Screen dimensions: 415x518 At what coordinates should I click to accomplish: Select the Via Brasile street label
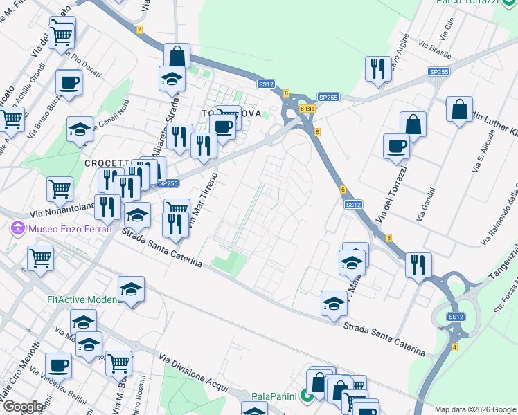click(x=434, y=50)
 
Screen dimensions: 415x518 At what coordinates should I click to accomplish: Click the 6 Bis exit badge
click(x=307, y=109)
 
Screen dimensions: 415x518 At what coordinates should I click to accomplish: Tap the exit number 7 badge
click(x=139, y=30)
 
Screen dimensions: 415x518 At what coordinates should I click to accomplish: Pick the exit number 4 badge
click(x=454, y=346)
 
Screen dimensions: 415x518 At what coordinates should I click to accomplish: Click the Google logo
click(x=23, y=407)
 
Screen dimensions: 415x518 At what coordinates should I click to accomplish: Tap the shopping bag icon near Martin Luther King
click(x=460, y=109)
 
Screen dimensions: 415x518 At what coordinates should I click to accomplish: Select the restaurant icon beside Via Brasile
click(x=378, y=68)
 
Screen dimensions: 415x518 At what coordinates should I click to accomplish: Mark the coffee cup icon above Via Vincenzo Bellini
click(x=58, y=365)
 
